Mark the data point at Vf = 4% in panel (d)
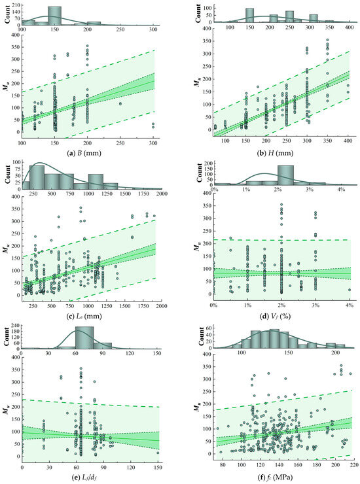(x=349, y=290)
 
